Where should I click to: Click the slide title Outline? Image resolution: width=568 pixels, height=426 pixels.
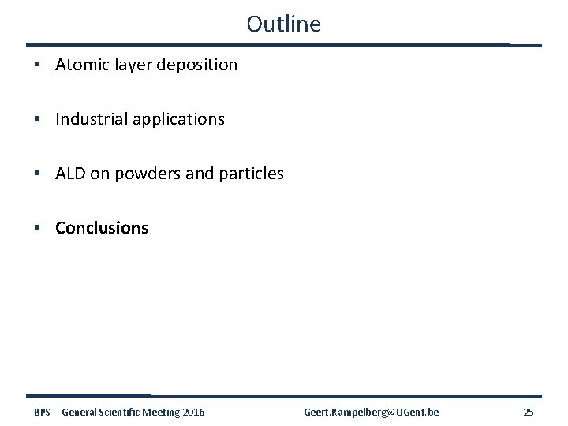[283, 24]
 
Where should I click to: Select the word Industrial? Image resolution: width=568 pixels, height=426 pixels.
[90, 119]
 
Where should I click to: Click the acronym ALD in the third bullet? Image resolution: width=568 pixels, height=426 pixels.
[70, 174]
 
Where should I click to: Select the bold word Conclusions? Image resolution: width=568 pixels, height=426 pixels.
[102, 228]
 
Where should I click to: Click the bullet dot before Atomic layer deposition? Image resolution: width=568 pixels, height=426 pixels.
[39, 65]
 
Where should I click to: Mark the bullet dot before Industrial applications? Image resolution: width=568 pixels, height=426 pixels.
[39, 120]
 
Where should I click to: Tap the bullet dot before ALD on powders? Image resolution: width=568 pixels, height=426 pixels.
[39, 174]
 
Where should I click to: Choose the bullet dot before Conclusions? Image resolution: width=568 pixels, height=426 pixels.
[39, 229]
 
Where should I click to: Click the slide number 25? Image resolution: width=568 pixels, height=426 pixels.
[529, 413]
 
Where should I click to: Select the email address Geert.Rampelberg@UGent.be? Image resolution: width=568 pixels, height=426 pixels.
[372, 413]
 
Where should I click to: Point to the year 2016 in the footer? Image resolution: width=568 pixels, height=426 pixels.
[193, 413]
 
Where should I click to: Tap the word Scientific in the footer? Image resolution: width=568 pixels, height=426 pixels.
[120, 413]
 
